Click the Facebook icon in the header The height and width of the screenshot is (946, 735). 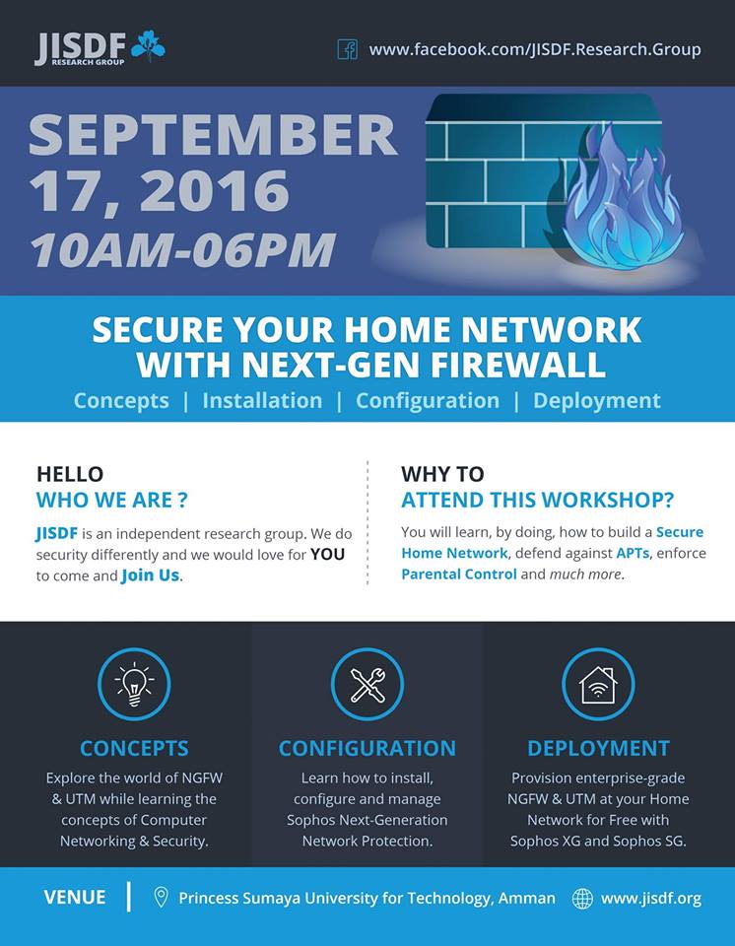347,49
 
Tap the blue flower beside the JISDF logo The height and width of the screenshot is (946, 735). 148,46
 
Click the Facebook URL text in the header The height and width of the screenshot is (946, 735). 535,49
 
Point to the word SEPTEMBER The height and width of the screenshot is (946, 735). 213,134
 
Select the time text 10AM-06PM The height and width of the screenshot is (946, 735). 183,249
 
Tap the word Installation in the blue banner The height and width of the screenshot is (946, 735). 262,401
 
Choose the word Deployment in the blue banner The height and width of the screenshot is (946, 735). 597,401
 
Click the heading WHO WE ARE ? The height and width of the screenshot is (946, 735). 111,501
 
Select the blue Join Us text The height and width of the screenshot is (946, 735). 151,575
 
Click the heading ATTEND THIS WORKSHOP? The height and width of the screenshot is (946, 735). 537,501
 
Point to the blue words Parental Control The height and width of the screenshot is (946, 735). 458,574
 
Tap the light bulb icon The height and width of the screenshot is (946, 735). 134,684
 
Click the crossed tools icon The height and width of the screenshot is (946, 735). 367,684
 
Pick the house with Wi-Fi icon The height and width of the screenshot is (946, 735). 598,685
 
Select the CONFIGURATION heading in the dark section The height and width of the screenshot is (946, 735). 367,748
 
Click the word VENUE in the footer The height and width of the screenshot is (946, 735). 75,897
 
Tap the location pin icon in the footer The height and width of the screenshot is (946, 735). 161,897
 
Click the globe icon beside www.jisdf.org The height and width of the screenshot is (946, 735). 582,899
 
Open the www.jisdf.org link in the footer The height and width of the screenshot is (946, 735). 651,899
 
